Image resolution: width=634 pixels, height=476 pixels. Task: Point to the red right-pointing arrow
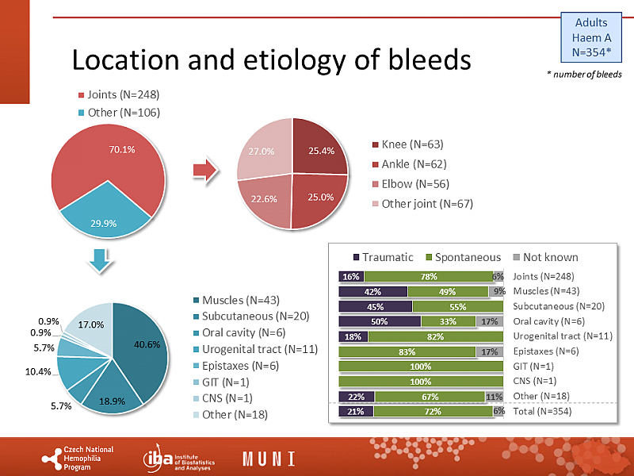[205, 170]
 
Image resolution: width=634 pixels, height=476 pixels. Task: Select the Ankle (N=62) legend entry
[407, 164]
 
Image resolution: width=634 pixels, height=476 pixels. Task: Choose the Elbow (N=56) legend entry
[407, 184]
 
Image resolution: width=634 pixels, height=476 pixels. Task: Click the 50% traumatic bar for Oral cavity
[380, 321]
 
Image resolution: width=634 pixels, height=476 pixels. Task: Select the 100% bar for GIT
[421, 366]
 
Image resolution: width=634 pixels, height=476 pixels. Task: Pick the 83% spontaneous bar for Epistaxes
[407, 351]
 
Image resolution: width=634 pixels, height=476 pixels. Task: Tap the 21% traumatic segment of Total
[356, 411]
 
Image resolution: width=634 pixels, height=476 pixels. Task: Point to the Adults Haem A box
[591, 38]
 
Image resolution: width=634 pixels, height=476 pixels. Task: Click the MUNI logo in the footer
[269, 458]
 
